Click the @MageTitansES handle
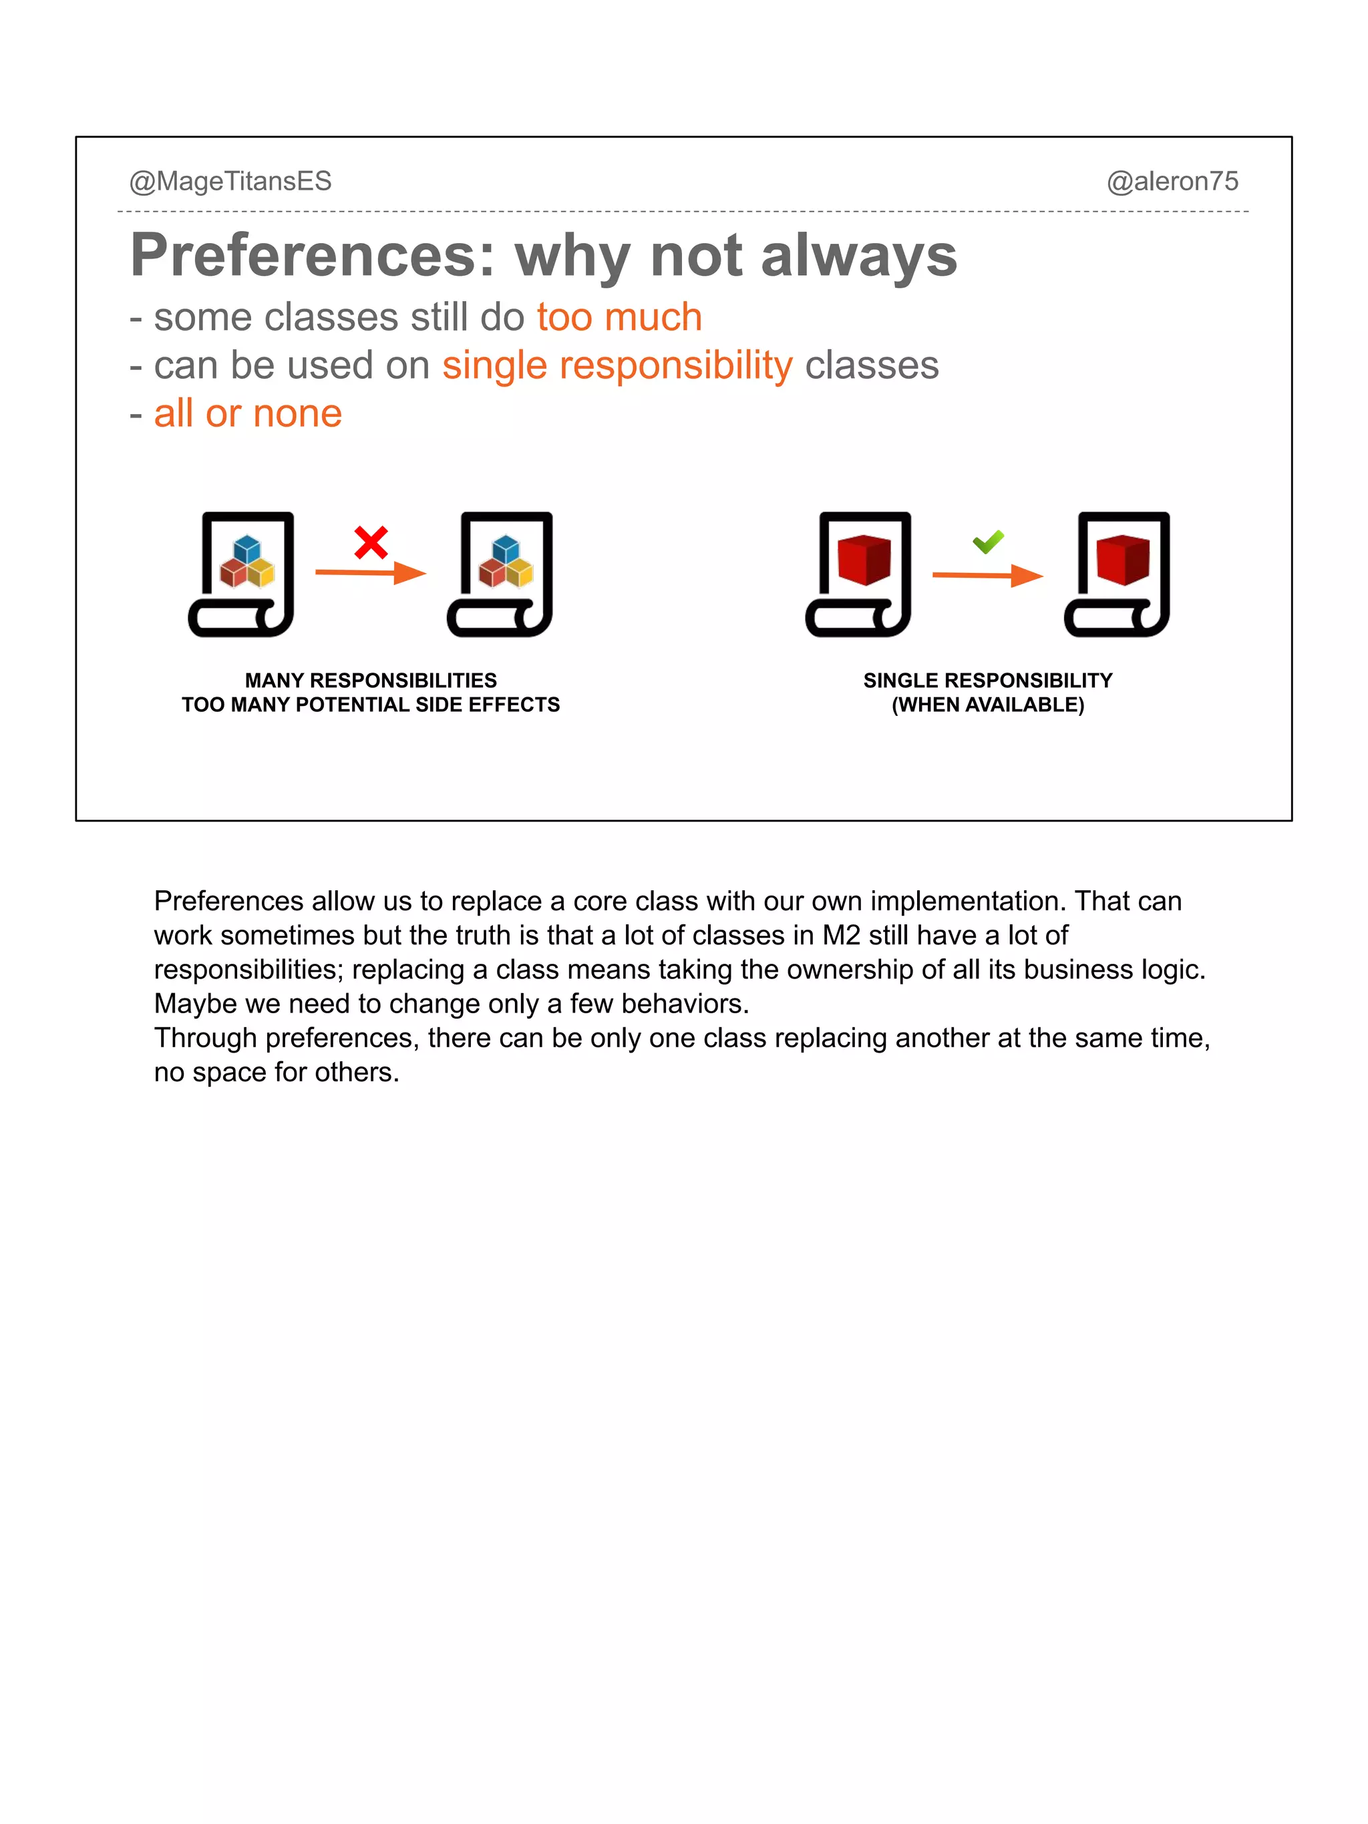pos(230,182)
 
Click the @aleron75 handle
pos(1172,182)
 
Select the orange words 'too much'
pos(619,317)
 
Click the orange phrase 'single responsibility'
pos(617,365)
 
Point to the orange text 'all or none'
pos(247,413)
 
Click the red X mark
pos(371,542)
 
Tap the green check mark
pos(988,542)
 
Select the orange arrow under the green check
pos(987,575)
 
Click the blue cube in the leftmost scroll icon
pos(246,548)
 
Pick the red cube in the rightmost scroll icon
pos(1122,560)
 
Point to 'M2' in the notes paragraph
pos(841,935)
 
